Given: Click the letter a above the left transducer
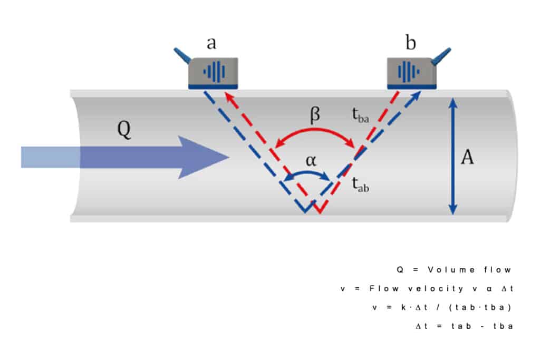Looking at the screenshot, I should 211,43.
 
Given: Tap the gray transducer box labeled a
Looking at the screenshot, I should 213,72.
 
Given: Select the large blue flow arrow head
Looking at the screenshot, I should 203,157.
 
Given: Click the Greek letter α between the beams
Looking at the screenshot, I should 311,161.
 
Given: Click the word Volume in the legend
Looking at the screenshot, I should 446,270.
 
